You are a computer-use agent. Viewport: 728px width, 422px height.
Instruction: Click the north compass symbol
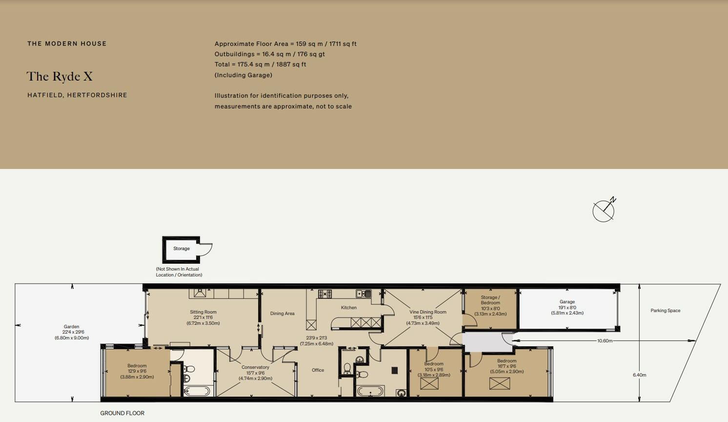(604, 211)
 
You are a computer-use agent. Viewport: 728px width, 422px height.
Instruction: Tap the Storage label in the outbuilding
(182, 249)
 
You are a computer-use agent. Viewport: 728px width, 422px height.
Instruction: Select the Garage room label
(567, 302)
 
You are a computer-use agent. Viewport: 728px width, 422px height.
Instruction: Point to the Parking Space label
(665, 311)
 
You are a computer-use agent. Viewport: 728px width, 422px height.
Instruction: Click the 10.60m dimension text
(605, 340)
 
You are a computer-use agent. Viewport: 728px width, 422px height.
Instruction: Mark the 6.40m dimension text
(639, 375)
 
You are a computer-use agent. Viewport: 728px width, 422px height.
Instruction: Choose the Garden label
(72, 326)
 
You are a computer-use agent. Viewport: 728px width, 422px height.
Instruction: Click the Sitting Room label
(203, 312)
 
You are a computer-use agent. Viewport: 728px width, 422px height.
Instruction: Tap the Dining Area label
(282, 314)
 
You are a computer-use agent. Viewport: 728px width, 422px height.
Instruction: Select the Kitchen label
(349, 308)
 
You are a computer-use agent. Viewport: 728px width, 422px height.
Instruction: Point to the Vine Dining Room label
(428, 312)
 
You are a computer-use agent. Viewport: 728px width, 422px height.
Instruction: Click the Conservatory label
(255, 367)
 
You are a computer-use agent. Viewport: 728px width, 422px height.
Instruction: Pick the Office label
(318, 370)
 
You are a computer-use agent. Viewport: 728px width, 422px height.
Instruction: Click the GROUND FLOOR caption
(122, 413)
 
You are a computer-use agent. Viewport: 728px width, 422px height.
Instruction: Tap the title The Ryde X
(60, 76)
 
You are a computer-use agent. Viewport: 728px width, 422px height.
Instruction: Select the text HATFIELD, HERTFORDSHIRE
(78, 95)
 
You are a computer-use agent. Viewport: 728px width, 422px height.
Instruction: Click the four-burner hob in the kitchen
(324, 294)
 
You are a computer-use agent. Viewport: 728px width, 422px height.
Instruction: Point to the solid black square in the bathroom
(395, 370)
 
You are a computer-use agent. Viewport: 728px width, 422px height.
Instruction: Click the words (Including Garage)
(243, 75)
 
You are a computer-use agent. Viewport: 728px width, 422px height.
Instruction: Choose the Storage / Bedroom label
(490, 300)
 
